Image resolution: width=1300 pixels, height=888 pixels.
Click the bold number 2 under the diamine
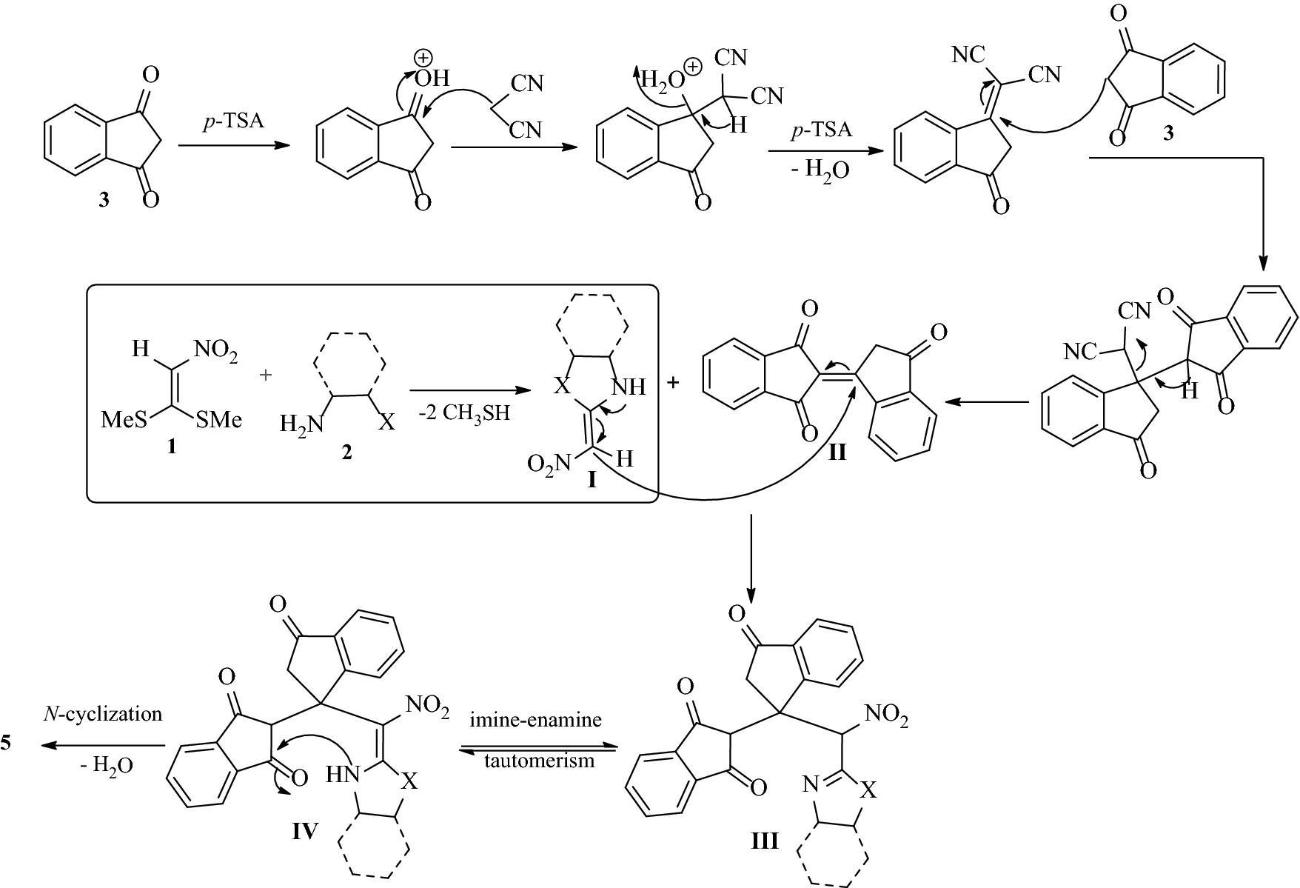pyautogui.click(x=346, y=453)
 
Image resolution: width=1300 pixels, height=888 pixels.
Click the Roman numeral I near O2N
pyautogui.click(x=592, y=481)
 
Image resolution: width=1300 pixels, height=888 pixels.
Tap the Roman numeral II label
pyautogui.click(x=837, y=452)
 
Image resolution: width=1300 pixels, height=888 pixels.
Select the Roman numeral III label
pyautogui.click(x=765, y=841)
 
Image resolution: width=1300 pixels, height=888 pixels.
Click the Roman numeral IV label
pyautogui.click(x=304, y=832)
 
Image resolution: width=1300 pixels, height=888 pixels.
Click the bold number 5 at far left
pyautogui.click(x=6, y=743)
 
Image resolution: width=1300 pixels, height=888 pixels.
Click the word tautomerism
pyautogui.click(x=538, y=761)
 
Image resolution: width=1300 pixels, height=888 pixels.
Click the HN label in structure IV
pyautogui.click(x=343, y=775)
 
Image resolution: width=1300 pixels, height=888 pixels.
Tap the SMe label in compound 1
pyautogui.click(x=220, y=421)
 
